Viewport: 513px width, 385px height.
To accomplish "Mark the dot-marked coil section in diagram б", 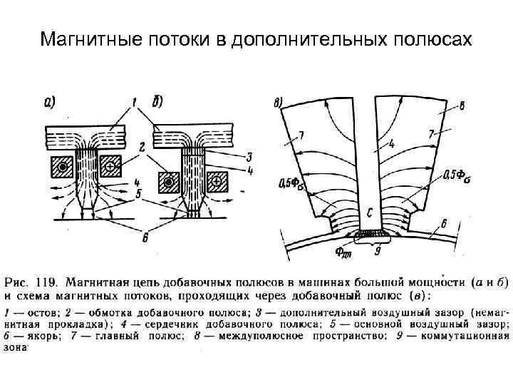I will tap(168, 183).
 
